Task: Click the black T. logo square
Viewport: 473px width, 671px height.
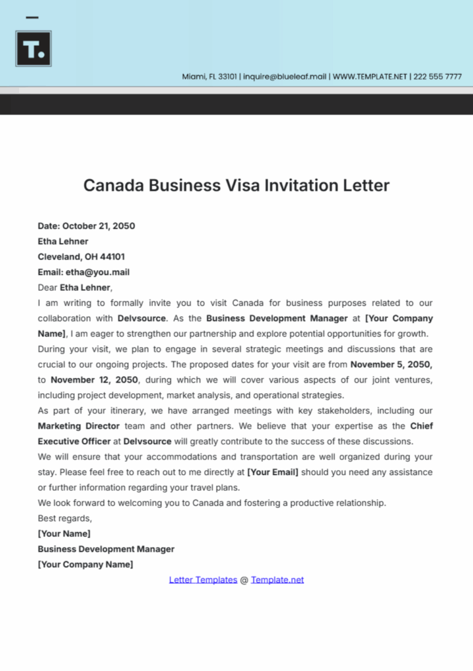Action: pos(33,48)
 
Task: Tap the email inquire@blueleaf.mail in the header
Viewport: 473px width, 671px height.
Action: pos(285,77)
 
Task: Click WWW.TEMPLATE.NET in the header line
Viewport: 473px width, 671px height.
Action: pos(371,77)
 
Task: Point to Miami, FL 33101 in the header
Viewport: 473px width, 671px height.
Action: pos(210,77)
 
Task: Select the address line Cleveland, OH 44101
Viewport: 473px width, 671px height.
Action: pos(81,256)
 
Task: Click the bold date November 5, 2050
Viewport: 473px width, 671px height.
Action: pos(392,364)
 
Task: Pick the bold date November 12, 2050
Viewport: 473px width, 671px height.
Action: pos(94,379)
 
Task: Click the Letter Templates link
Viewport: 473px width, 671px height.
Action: pos(203,580)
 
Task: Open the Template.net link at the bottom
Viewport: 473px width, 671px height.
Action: pos(277,580)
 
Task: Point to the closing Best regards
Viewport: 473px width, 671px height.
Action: pos(65,518)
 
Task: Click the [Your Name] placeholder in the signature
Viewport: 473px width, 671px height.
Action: pos(64,533)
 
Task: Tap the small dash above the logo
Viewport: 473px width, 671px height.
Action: pos(31,18)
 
